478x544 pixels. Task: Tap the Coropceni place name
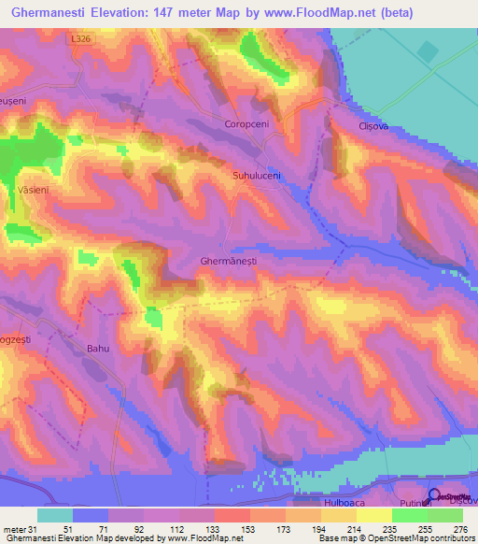point(247,122)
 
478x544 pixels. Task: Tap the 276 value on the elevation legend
point(458,529)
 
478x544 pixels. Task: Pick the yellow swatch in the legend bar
point(373,515)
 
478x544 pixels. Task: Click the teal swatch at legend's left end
point(55,515)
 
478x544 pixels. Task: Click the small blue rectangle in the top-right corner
point(428,52)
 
